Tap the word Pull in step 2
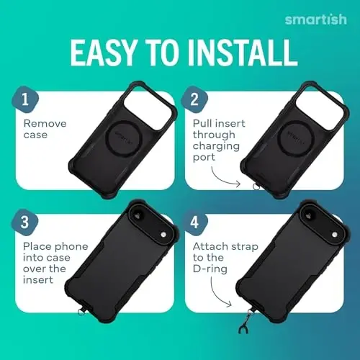coord(204,123)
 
